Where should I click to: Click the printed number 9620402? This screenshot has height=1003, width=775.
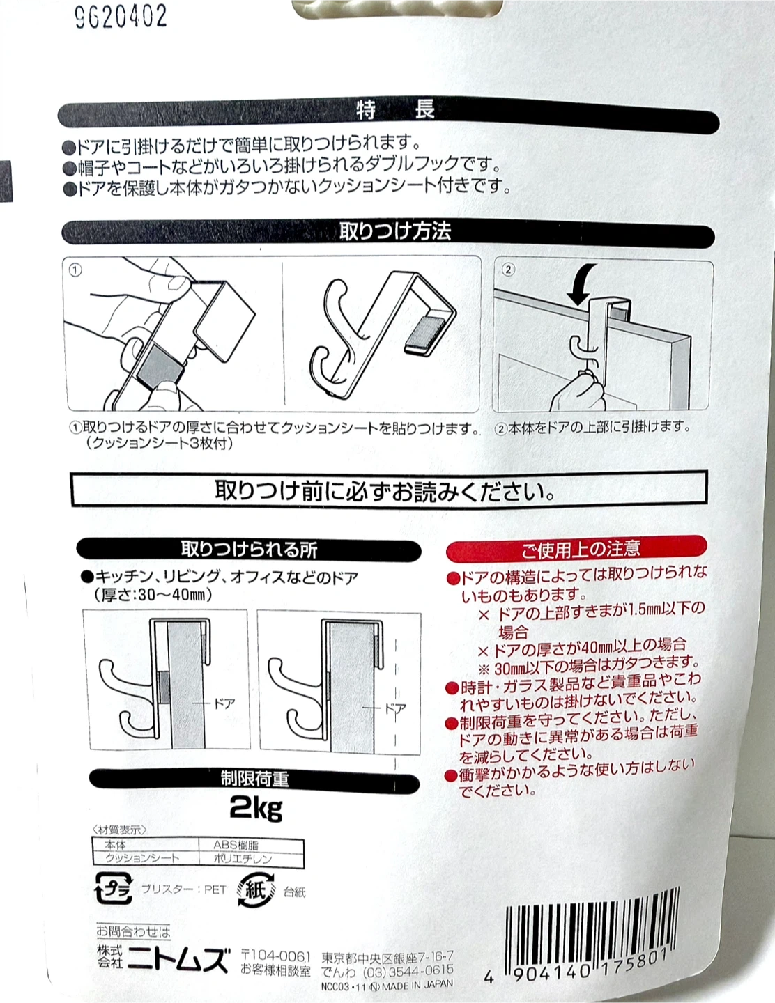[x=121, y=17]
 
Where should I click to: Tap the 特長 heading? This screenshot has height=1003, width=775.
[x=395, y=110]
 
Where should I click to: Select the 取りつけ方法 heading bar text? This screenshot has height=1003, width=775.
[x=395, y=231]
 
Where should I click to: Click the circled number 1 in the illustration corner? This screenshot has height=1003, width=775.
[x=75, y=270]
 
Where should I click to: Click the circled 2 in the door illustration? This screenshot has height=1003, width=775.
[x=508, y=270]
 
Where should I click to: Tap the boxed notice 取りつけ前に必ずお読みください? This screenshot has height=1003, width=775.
[x=388, y=490]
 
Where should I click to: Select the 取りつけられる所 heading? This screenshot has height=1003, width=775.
[x=249, y=550]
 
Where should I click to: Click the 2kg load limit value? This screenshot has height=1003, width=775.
[x=256, y=808]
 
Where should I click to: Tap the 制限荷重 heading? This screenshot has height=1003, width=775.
[x=254, y=779]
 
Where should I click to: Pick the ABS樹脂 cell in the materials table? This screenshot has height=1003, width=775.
[x=236, y=845]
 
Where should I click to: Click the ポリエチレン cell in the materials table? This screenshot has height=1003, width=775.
[x=243, y=859]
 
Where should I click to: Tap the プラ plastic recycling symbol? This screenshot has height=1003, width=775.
[x=114, y=887]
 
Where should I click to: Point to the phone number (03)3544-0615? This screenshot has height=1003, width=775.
[x=407, y=972]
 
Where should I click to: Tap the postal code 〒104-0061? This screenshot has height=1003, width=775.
[x=276, y=956]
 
